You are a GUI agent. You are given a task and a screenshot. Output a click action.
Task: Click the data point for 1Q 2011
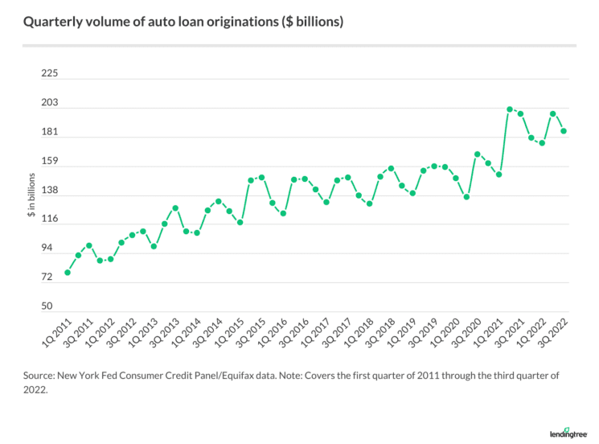pyautogui.click(x=68, y=273)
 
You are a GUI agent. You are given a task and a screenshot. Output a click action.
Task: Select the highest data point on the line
pyautogui.click(x=510, y=109)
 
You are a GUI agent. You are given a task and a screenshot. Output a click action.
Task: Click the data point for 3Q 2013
pyautogui.click(x=175, y=208)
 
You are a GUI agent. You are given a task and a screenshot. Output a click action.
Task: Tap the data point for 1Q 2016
pyautogui.click(x=283, y=213)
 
